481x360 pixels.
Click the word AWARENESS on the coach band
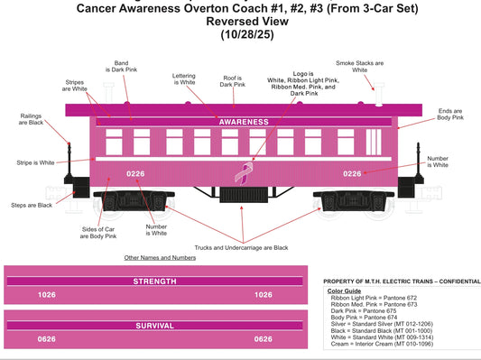[x=244, y=121]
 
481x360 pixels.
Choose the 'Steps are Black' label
[x=32, y=205]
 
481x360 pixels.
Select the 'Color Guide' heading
[x=345, y=291]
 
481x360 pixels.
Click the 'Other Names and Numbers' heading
[x=160, y=258]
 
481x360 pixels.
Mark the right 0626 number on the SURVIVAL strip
[x=264, y=339]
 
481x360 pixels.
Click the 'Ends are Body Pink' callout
[x=450, y=114]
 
